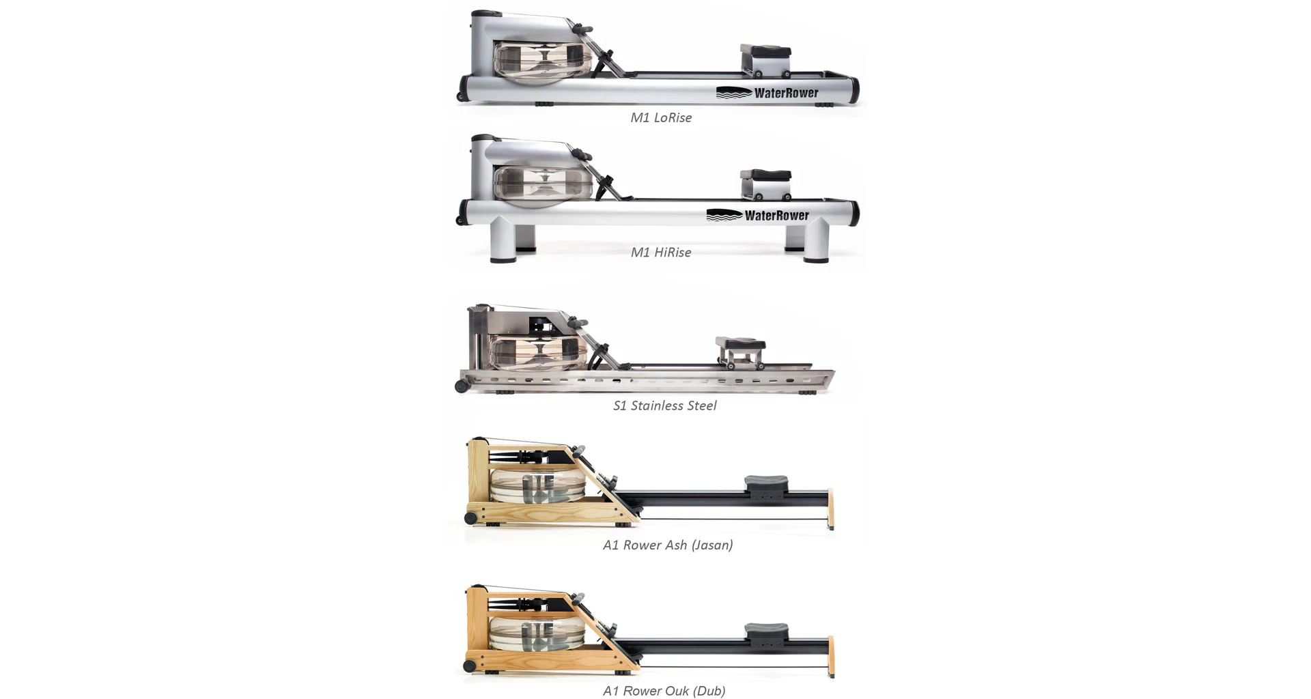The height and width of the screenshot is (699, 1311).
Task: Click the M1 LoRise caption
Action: click(x=661, y=117)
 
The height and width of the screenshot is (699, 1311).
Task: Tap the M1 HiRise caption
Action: click(x=661, y=253)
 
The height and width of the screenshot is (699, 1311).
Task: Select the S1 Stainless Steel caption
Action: click(x=664, y=405)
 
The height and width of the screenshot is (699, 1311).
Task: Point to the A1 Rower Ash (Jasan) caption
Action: click(x=668, y=545)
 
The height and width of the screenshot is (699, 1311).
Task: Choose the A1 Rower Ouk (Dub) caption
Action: click(x=664, y=691)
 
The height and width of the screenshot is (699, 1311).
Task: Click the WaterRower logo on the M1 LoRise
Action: click(x=767, y=93)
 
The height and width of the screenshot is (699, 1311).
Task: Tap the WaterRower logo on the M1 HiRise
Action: click(x=757, y=215)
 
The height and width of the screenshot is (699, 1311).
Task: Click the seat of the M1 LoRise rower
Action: click(x=765, y=51)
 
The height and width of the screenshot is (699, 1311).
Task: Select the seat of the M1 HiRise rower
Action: click(x=765, y=175)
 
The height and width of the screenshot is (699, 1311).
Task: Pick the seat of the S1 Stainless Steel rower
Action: click(x=740, y=342)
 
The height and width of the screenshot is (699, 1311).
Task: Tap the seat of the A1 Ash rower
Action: click(x=766, y=483)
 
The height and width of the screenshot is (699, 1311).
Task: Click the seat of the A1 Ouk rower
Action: click(x=766, y=631)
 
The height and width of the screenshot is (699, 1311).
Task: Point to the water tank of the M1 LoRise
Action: click(x=542, y=62)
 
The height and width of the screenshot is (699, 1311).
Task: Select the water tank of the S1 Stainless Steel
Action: click(x=539, y=352)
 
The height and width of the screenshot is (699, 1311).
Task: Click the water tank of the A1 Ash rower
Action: click(x=538, y=485)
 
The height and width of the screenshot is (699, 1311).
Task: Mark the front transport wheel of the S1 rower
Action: click(x=462, y=386)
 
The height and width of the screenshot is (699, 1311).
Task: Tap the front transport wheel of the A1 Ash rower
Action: click(x=470, y=519)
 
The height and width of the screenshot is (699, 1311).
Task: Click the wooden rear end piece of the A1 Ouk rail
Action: click(x=831, y=656)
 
